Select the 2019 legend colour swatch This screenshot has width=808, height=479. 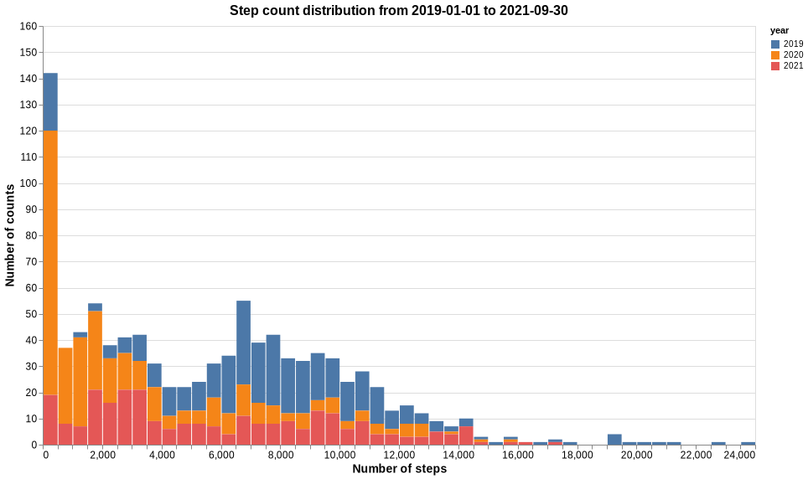(x=775, y=44)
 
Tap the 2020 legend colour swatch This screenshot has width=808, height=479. (x=775, y=54)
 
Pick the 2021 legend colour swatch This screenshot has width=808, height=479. (x=775, y=65)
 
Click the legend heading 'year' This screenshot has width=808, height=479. (x=780, y=30)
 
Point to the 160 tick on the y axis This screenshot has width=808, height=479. (x=28, y=27)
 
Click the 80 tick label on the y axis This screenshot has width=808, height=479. (x=31, y=236)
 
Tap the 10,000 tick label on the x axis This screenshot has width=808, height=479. (x=339, y=455)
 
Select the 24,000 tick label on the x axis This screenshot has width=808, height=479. (x=739, y=455)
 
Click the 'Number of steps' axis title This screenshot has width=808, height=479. (x=399, y=469)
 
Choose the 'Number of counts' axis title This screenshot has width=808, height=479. (x=10, y=236)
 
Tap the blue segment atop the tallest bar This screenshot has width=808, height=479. (x=50, y=101)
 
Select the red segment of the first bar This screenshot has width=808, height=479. (x=50, y=420)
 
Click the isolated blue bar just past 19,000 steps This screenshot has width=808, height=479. (x=614, y=440)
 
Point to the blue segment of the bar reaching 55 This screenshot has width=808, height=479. (x=244, y=343)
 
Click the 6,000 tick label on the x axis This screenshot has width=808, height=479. (x=221, y=455)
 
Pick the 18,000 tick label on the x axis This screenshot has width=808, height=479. (x=577, y=455)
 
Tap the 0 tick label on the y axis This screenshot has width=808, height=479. (x=34, y=446)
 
